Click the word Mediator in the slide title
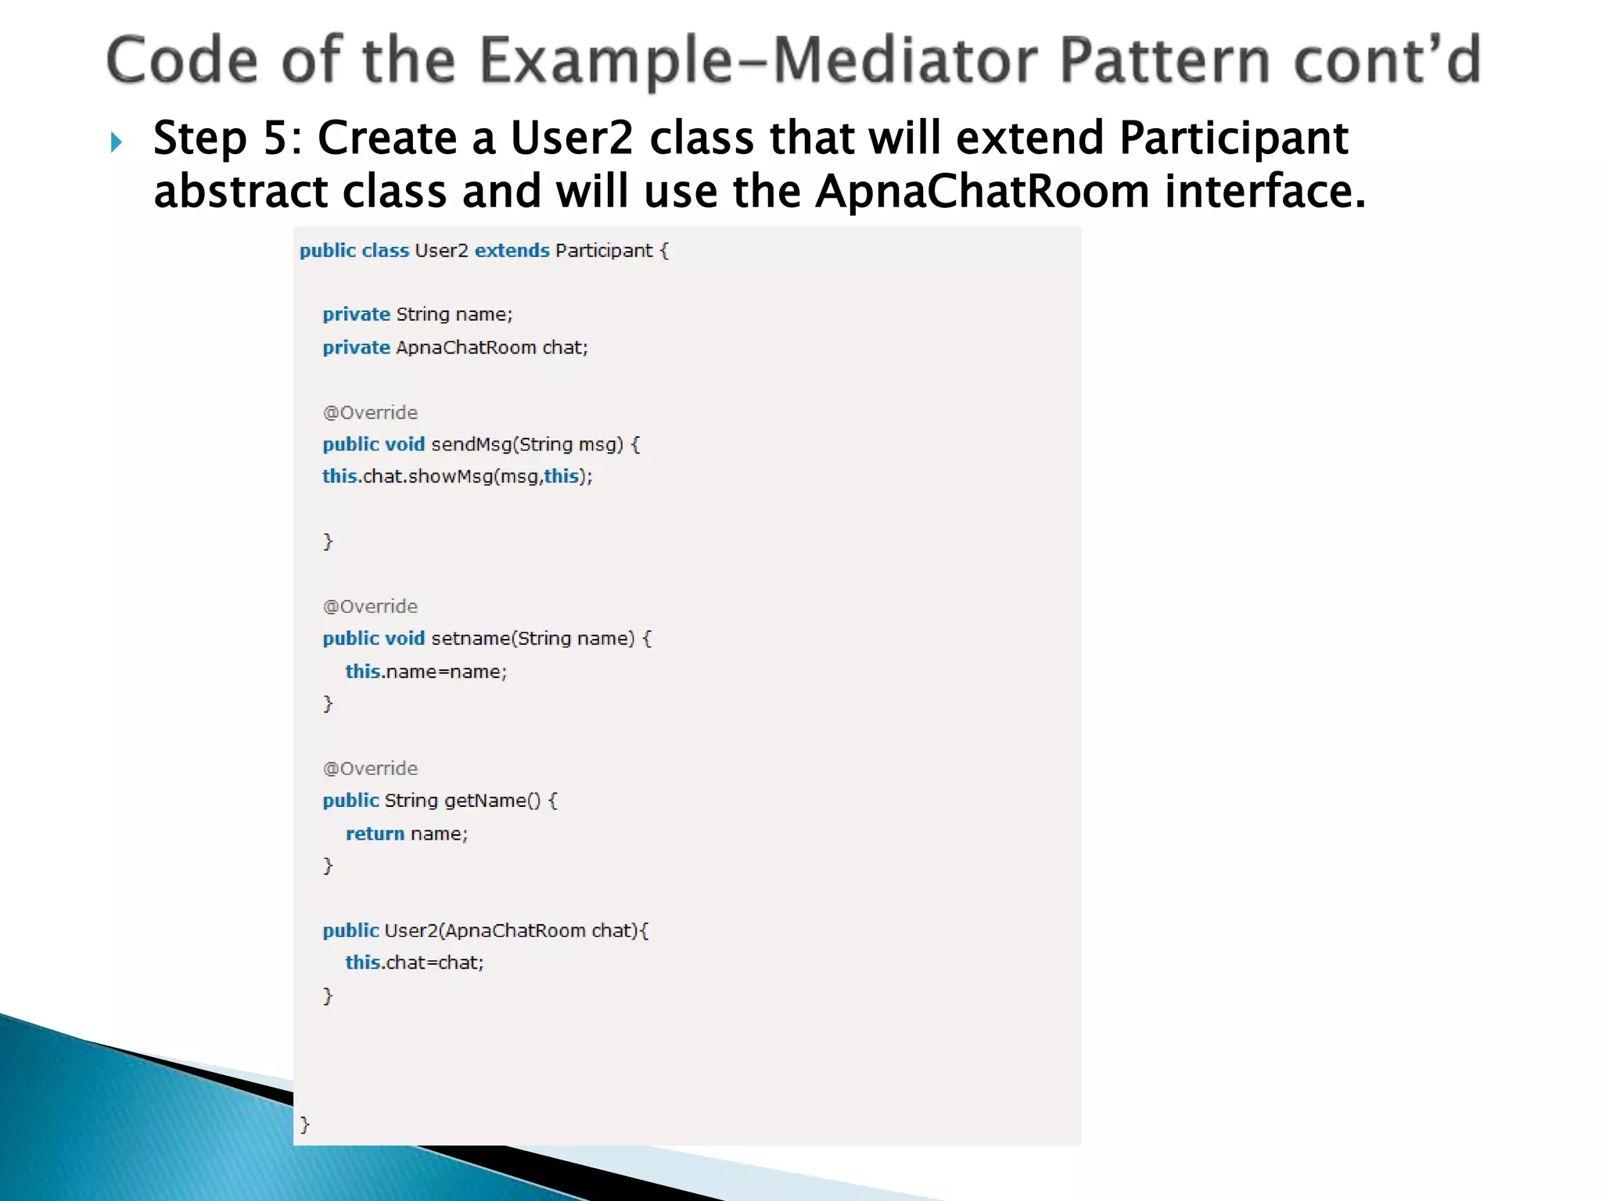[x=904, y=61]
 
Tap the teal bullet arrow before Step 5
[x=117, y=142]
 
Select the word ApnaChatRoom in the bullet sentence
[x=982, y=192]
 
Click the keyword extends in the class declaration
[x=512, y=251]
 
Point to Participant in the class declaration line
[x=603, y=251]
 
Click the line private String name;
[x=417, y=314]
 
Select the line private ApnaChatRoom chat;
[x=454, y=347]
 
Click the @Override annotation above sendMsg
[x=370, y=413]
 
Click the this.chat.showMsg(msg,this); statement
[x=457, y=477]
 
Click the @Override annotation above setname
[x=370, y=607]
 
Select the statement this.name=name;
[x=426, y=672]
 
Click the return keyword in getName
[x=375, y=834]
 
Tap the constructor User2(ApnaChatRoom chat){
[x=485, y=930]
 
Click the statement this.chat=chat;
[x=415, y=963]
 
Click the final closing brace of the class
[x=305, y=1124]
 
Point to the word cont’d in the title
[x=1386, y=61]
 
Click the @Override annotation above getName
[x=370, y=769]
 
